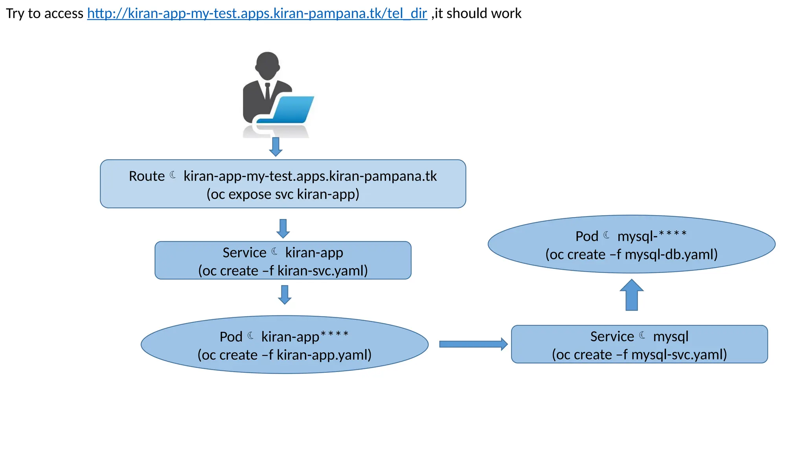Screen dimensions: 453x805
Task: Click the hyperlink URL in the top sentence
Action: (x=257, y=13)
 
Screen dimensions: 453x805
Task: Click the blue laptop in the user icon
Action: (x=293, y=110)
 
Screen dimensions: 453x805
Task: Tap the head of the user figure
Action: (x=267, y=65)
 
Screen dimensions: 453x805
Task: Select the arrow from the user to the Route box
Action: (x=276, y=147)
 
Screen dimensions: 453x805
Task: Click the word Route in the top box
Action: (x=147, y=176)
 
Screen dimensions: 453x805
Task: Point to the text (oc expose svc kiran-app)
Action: (x=283, y=194)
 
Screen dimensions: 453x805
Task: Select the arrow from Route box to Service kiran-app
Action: (x=283, y=228)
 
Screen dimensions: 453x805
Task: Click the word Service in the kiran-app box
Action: (x=244, y=252)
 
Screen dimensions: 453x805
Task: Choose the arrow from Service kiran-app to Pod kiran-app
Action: (x=285, y=295)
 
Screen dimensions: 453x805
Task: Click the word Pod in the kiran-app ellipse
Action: (x=231, y=337)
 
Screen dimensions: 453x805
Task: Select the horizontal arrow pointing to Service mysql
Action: (x=473, y=344)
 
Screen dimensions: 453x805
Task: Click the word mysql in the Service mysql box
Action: (x=671, y=337)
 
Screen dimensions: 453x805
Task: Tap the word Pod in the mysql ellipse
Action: (x=586, y=236)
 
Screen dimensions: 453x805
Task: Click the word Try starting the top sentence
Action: (x=15, y=13)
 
